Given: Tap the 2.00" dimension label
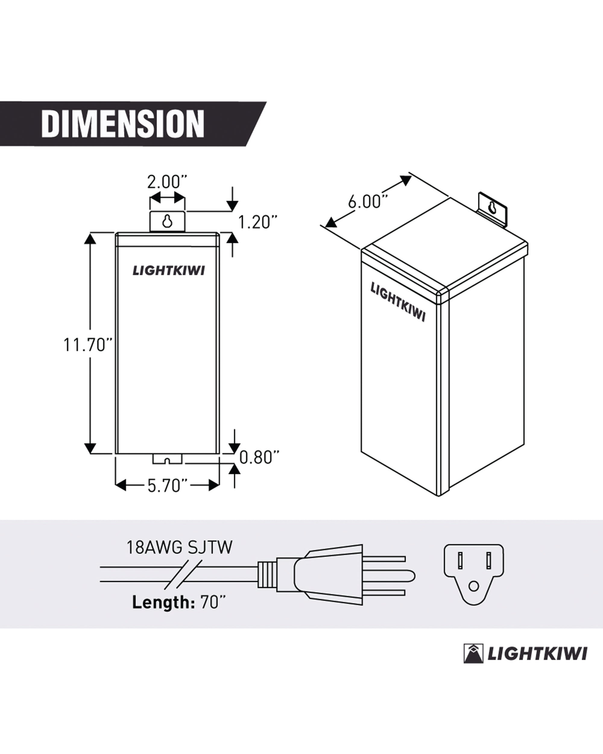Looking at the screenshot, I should [167, 182].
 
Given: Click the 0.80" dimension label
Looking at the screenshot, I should [259, 458].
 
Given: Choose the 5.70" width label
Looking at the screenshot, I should [168, 486].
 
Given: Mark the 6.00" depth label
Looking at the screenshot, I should [368, 202].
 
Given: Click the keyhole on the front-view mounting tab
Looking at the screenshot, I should [167, 221].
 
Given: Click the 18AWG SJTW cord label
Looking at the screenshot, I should [179, 548].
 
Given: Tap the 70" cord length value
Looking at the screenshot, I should [213, 602].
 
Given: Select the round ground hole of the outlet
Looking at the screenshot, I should [474, 586].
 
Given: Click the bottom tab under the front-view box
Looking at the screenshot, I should [167, 459].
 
